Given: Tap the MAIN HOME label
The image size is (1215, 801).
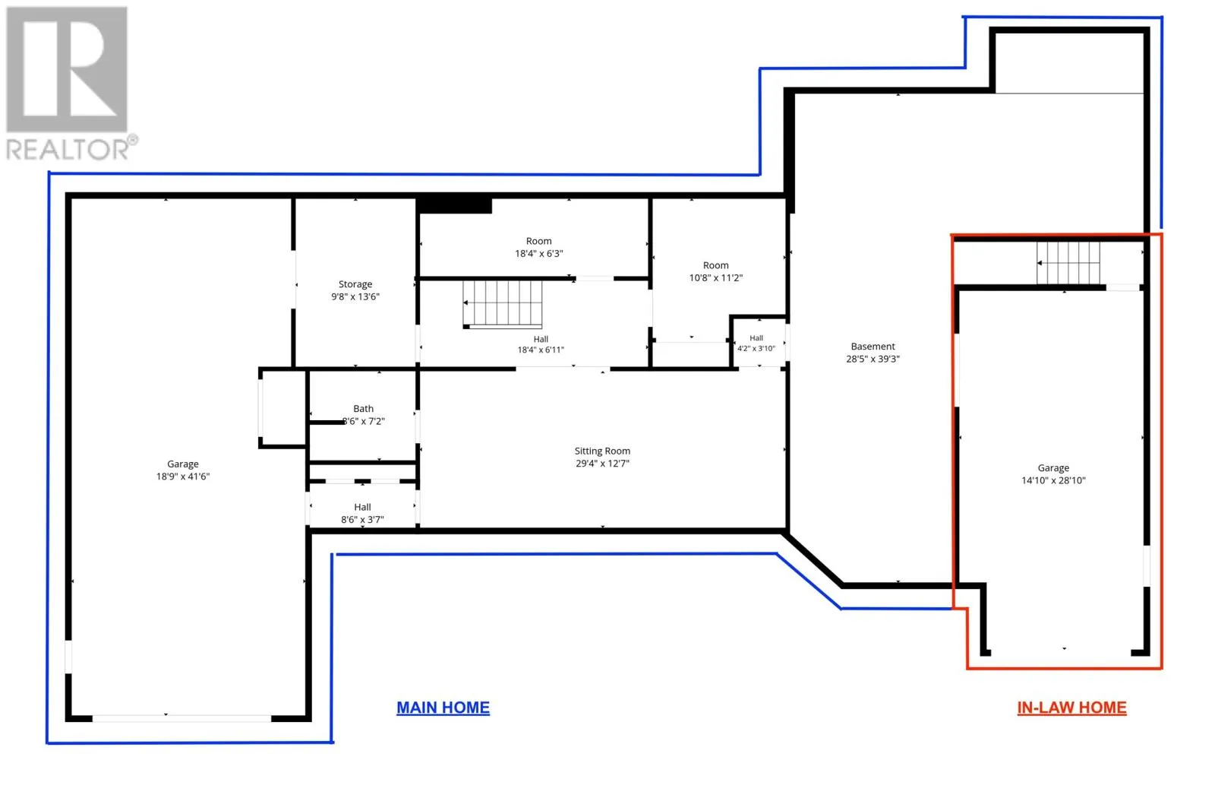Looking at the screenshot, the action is (x=443, y=708).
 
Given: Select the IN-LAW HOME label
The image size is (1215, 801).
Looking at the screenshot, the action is (x=1071, y=708).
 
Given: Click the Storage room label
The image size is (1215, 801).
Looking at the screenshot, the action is (x=355, y=284).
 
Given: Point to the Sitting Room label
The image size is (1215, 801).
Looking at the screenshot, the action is (x=603, y=451).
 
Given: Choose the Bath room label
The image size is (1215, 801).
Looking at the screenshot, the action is (x=364, y=409).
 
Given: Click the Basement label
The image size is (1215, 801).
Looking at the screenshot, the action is (x=873, y=347).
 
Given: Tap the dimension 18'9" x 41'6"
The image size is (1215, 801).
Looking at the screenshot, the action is (x=183, y=476).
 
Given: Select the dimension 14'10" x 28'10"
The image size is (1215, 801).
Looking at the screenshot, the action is (x=1053, y=480).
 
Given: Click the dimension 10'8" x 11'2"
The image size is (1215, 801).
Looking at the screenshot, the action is (x=716, y=278).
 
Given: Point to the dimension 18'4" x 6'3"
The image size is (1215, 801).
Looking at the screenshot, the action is (x=539, y=253).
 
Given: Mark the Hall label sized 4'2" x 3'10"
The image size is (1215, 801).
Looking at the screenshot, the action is (x=756, y=338).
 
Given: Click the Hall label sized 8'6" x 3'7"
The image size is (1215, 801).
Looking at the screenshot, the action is (x=362, y=507).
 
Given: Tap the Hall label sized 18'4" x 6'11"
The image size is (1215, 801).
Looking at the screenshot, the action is (x=541, y=339).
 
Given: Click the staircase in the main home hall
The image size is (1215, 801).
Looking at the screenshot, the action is (x=503, y=305).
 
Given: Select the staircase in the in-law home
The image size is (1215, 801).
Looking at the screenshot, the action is (x=1068, y=263).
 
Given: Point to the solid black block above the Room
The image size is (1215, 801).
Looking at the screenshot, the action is (x=455, y=206).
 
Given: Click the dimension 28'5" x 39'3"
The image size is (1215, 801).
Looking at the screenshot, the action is (x=873, y=359).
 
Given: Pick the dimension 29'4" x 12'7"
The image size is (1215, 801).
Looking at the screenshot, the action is (x=603, y=464).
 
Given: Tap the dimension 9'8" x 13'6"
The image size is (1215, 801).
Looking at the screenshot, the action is (x=355, y=297).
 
